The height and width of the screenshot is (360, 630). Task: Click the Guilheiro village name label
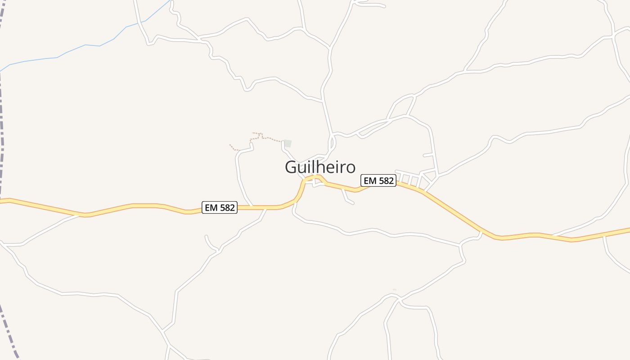tap(320, 167)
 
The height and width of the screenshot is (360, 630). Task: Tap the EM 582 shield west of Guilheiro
tap(220, 207)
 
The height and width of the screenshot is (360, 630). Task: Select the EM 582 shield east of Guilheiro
tap(378, 181)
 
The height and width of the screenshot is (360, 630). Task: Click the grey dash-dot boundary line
tap(2, 135)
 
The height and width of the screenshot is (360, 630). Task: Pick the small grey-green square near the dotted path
tap(288, 144)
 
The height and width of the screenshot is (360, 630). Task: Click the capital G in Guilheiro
tap(291, 167)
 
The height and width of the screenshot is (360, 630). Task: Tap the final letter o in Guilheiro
tap(350, 167)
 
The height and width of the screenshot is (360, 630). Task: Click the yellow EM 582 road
tap(135, 206)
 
